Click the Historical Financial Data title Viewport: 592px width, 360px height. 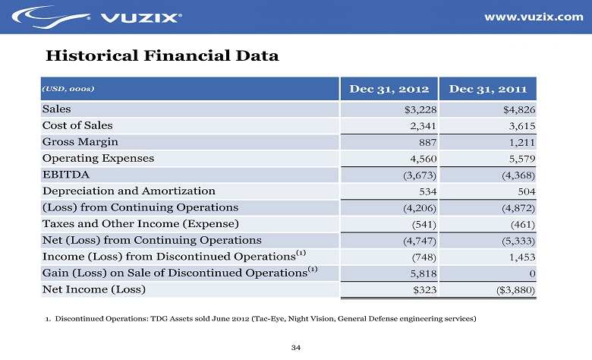(x=162, y=56)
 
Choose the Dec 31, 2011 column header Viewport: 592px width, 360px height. (x=489, y=88)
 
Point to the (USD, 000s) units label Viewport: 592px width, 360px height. (x=69, y=89)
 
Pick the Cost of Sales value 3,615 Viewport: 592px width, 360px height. (x=521, y=126)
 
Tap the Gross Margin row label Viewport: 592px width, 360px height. (x=80, y=142)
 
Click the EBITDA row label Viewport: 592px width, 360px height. (x=65, y=175)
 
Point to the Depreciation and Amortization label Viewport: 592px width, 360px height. (x=129, y=191)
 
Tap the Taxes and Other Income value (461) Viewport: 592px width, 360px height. (x=523, y=224)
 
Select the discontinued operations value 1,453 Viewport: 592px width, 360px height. (x=521, y=257)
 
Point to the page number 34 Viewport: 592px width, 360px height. (x=296, y=347)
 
